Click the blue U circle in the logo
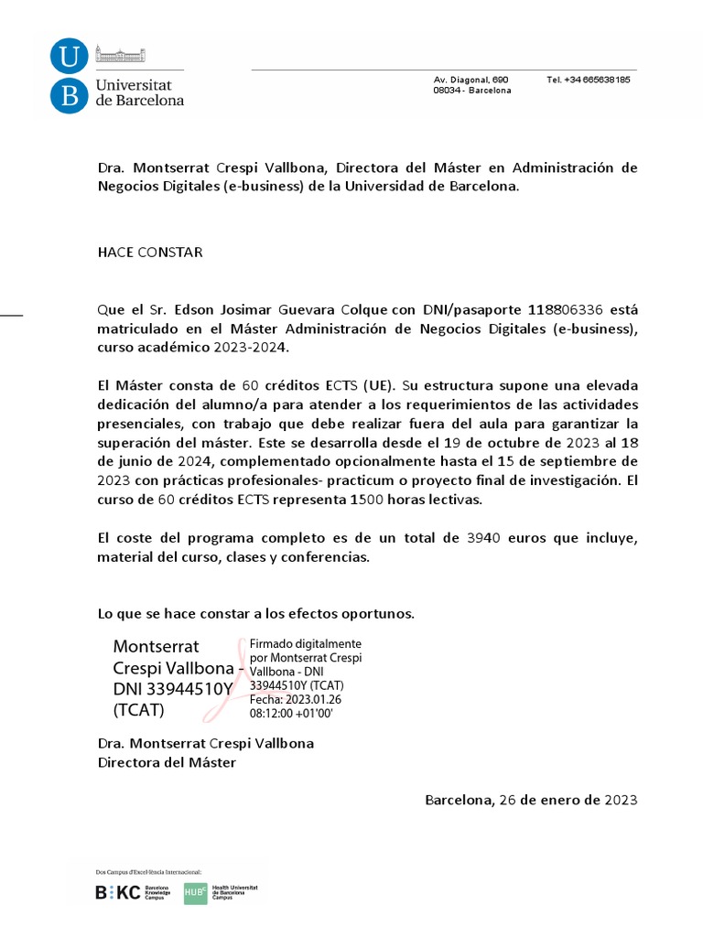coord(69,58)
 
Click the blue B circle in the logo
coord(69,94)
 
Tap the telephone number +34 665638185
coord(588,80)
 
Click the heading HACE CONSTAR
coord(150,253)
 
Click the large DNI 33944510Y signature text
coord(169,689)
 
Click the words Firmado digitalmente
coord(306,643)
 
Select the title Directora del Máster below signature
coord(167,762)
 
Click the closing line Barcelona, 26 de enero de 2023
coord(530,800)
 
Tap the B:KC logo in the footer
coord(119,893)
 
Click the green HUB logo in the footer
coord(195,893)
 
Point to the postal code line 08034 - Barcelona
coord(472,91)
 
